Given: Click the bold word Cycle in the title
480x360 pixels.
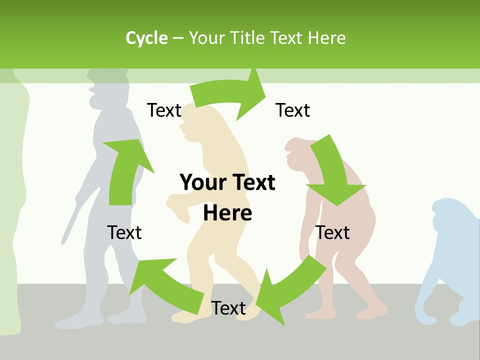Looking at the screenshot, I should point(146,38).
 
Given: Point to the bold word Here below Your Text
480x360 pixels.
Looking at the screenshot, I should point(227,213).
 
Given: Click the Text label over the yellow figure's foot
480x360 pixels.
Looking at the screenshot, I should point(228,308).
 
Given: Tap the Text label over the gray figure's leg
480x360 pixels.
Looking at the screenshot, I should point(124,232).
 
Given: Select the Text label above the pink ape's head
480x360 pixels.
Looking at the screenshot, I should point(293,110).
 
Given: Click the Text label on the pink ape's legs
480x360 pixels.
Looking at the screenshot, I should point(333,232).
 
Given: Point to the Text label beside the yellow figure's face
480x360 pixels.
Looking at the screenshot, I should point(164,110).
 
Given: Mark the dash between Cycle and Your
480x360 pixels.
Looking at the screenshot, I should point(178,38).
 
